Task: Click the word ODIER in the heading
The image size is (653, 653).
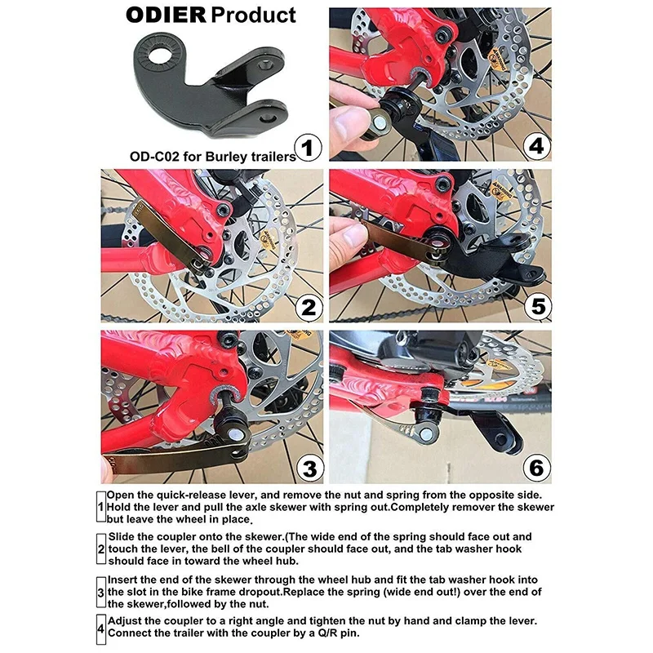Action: click(166, 15)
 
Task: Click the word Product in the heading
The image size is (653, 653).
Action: click(253, 15)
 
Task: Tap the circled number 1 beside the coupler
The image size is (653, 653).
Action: click(308, 148)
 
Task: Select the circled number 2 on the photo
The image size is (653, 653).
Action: click(309, 308)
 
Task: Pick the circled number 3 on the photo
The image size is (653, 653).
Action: click(309, 469)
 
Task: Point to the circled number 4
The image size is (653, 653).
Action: click(536, 147)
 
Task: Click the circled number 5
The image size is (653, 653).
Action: click(538, 307)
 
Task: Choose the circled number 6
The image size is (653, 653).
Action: click(536, 467)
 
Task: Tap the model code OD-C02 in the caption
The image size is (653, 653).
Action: click(154, 157)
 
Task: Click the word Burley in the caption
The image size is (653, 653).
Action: click(226, 157)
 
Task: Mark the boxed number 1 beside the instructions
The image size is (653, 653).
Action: click(100, 507)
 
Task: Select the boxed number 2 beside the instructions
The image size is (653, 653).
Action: click(100, 549)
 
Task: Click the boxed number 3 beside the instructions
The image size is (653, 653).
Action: click(100, 593)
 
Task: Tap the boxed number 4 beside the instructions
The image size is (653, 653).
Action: click(100, 629)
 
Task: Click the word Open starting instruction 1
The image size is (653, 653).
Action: click(120, 495)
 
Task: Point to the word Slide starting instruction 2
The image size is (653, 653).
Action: click(122, 536)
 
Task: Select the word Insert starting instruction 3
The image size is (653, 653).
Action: click(123, 580)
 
